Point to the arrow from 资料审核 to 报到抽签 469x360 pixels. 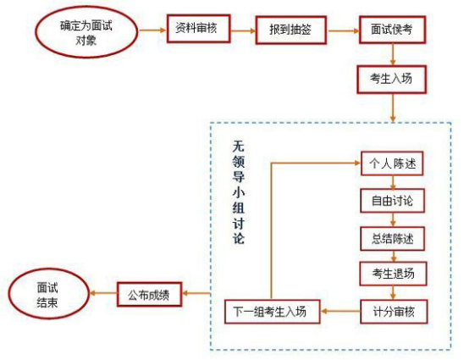pos(243,30)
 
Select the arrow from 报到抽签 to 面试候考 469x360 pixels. pos(344,30)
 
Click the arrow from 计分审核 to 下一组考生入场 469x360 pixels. pos(340,311)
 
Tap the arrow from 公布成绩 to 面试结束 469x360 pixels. pos(103,293)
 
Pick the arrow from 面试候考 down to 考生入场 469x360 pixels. pos(393,54)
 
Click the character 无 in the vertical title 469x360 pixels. pos(239,147)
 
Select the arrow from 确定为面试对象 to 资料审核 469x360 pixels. pos(152,30)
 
